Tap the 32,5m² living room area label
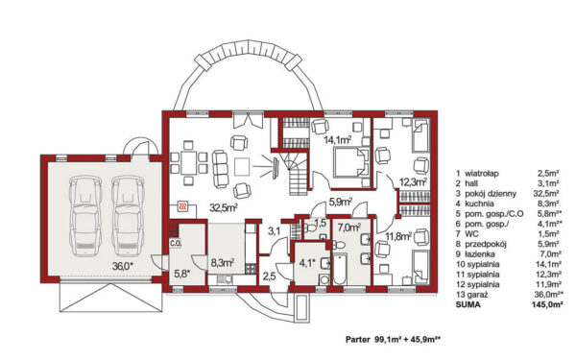point(224,208)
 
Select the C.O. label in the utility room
point(175,243)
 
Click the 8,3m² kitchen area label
point(223,263)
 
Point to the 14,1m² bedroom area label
point(338,139)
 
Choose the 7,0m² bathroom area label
point(349,228)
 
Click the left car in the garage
point(85,216)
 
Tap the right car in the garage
point(128,216)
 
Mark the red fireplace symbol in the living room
point(182,206)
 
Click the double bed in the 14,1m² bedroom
point(350,162)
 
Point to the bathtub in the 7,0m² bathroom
point(340,269)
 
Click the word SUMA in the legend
point(468,304)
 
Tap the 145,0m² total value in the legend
point(547,304)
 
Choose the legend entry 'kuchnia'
point(479,204)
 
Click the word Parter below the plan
point(358,340)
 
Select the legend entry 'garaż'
point(477,295)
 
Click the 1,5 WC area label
point(321,223)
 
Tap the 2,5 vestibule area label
point(269,276)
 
